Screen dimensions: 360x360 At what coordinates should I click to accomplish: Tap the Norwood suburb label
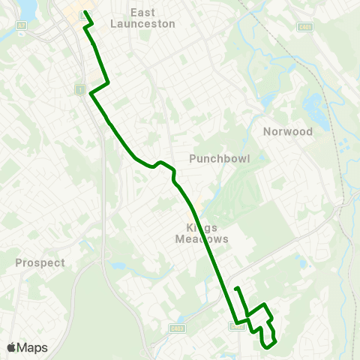(287, 131)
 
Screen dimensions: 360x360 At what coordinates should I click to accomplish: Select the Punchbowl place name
(219, 158)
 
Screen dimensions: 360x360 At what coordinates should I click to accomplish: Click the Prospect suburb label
(40, 263)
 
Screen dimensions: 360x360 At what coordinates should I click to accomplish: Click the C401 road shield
(304, 27)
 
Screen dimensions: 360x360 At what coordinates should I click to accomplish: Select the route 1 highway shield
(79, 88)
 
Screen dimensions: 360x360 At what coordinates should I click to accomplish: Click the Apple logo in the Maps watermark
(11, 347)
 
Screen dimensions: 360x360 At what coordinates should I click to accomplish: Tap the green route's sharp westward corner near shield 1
(91, 94)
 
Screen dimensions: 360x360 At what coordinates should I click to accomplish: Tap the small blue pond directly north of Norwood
(268, 100)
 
